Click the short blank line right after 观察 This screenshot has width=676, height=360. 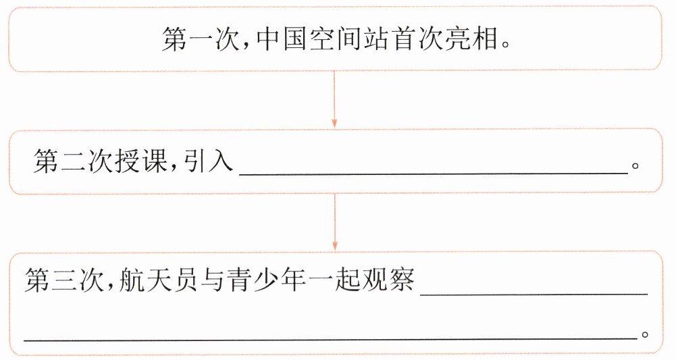[534, 292]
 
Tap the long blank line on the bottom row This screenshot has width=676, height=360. [331, 336]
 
